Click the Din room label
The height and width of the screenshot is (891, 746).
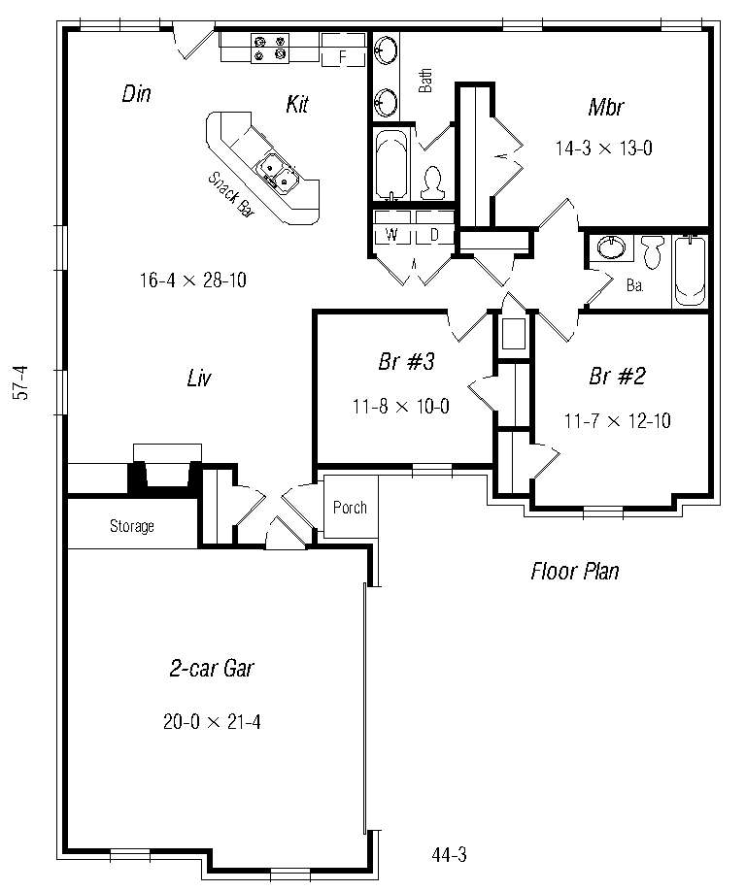[x=136, y=94]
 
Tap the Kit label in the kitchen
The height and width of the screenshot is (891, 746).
[x=297, y=104]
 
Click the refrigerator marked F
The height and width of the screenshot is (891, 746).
[x=343, y=49]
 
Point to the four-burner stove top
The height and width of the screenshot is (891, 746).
[x=270, y=48]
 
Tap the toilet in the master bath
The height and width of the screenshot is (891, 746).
[x=432, y=183]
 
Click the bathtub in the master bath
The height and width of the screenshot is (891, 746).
[x=391, y=165]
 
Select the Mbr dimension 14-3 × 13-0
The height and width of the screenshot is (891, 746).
[x=604, y=148]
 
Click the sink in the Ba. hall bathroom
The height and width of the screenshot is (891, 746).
[x=610, y=248]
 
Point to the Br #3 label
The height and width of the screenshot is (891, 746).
[x=406, y=361]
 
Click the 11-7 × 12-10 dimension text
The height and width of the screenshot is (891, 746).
[x=618, y=421]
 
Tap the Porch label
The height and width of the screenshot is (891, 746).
[x=350, y=508]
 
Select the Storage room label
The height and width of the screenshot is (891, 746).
[x=132, y=526]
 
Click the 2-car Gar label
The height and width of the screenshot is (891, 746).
[x=212, y=668]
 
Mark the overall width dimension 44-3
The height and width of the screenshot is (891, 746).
[x=449, y=855]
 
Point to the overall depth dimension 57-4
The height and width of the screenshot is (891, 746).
[x=20, y=383]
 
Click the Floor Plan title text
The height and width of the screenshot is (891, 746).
[x=575, y=571]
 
